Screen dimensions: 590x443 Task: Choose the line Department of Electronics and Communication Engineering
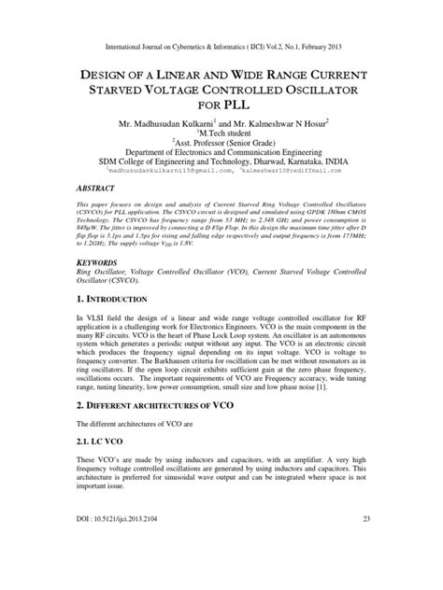pos(221,148)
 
